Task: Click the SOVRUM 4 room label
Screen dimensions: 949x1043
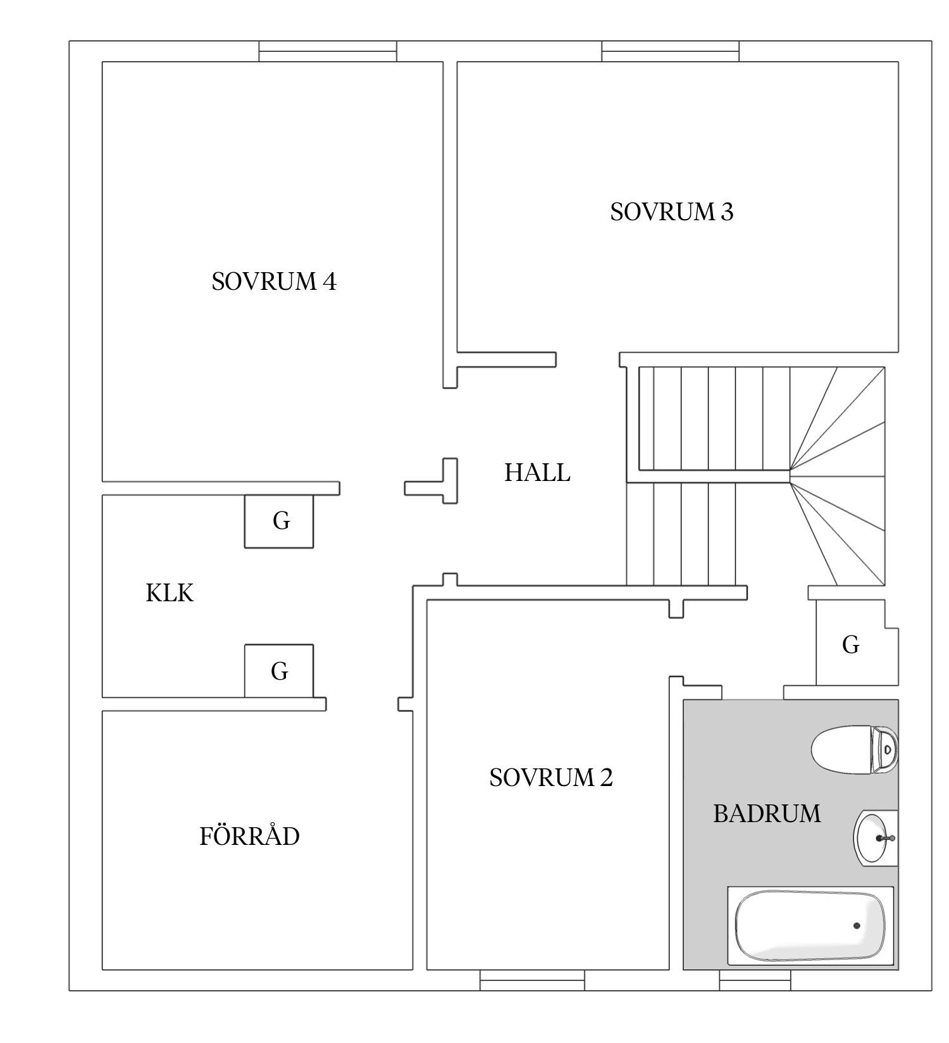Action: coord(274,282)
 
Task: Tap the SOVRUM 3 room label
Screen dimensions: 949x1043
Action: coord(672,212)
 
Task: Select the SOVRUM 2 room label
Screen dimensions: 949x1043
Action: coord(551,777)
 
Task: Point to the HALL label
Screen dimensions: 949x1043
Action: coord(537,473)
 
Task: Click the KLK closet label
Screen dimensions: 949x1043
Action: coord(170,593)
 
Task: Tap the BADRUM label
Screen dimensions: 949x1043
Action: coord(767,813)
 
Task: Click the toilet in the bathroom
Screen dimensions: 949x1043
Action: coord(855,750)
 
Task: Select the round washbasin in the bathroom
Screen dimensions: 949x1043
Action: coord(876,837)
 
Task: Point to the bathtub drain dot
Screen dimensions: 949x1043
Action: coord(857,926)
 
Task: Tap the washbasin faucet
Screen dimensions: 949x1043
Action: coord(886,838)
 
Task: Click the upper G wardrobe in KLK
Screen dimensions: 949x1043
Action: coord(279,521)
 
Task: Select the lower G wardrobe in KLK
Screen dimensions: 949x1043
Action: coord(279,671)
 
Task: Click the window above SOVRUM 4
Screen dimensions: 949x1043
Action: coord(328,51)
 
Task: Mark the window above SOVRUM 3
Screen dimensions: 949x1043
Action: coord(671,51)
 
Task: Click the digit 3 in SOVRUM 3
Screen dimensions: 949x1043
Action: coord(727,212)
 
